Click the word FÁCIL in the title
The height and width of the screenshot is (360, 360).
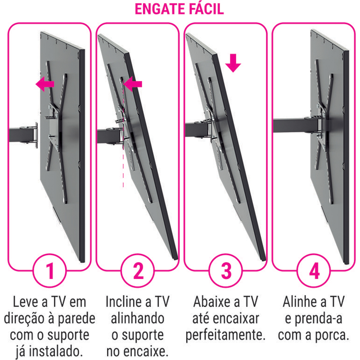click(x=207, y=9)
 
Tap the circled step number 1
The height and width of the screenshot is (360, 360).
click(x=49, y=271)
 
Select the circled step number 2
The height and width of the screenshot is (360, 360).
click(x=138, y=271)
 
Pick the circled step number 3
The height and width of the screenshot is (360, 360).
click(x=226, y=271)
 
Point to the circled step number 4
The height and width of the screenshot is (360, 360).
click(x=314, y=271)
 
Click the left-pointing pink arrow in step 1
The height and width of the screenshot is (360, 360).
click(x=45, y=84)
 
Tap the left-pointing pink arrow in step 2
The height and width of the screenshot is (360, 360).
click(x=133, y=84)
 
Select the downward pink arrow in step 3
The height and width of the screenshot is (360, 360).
click(x=233, y=63)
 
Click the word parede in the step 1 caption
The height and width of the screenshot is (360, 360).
click(x=76, y=319)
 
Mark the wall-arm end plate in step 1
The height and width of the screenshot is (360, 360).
click(x=36, y=135)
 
